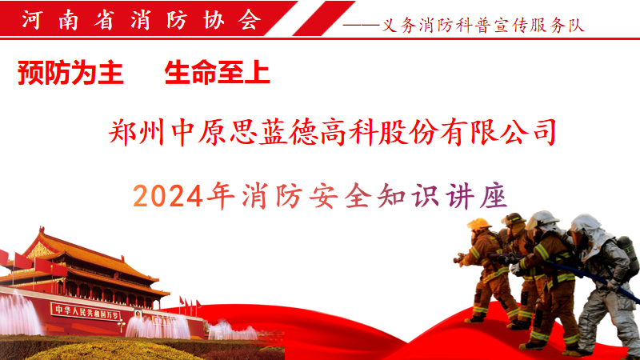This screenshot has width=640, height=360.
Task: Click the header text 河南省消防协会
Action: (142, 19)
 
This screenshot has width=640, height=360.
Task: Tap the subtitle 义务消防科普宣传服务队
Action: (483, 26)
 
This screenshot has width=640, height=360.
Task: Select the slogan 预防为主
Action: (70, 73)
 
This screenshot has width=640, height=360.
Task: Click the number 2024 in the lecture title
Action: (168, 196)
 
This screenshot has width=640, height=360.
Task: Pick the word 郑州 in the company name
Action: (136, 132)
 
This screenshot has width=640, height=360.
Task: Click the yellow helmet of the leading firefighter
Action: (478, 224)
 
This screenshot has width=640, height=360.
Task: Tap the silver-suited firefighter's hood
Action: (587, 231)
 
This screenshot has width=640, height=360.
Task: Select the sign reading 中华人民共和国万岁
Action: (86, 312)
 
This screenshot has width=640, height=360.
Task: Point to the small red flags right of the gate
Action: (190, 304)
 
